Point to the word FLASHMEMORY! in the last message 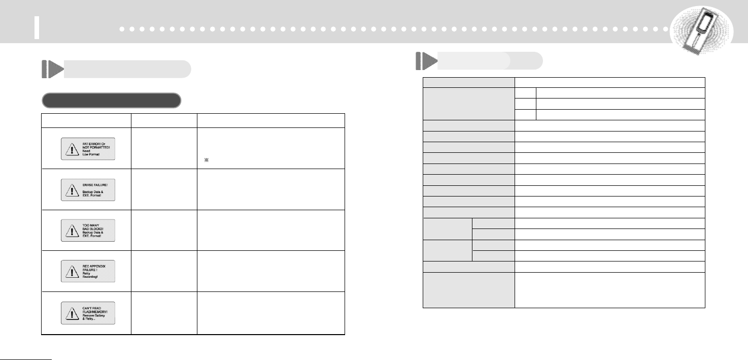tap(91, 310)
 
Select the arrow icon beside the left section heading tap(51, 69)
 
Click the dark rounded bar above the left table tap(111, 101)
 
